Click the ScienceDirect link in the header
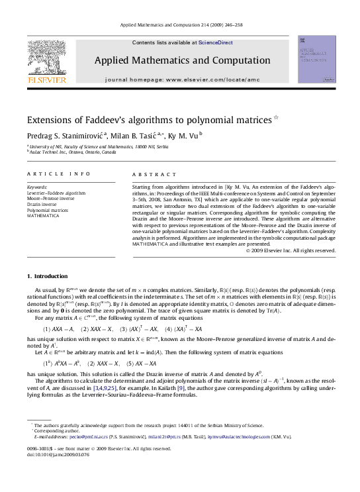(216, 42)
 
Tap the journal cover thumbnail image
(316, 60)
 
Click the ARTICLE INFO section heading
(58, 174)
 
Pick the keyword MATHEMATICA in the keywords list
(43, 216)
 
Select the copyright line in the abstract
(291, 250)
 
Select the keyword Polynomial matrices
(48, 210)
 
